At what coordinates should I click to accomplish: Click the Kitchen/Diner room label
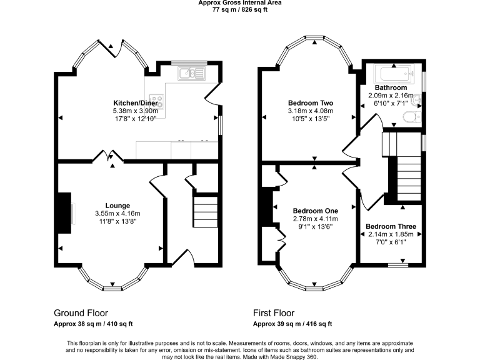[x=136, y=103]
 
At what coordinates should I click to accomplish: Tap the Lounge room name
[x=117, y=206]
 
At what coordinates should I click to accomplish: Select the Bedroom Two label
[x=311, y=103]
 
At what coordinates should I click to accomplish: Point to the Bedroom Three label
[x=391, y=226]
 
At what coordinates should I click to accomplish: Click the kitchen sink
[x=191, y=74]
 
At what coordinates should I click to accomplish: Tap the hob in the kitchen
[x=156, y=101]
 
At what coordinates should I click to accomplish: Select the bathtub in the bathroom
[x=394, y=74]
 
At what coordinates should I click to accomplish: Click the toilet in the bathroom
[x=412, y=117]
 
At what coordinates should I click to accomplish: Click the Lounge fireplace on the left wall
[x=64, y=213]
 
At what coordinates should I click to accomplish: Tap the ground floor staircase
[x=206, y=212]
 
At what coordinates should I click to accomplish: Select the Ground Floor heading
[x=81, y=313]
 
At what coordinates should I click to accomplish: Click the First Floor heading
[x=274, y=313]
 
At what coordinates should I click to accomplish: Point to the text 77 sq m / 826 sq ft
[x=240, y=9]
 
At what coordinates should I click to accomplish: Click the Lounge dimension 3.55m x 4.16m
[x=117, y=213]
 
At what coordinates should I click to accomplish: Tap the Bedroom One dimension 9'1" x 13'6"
[x=315, y=227]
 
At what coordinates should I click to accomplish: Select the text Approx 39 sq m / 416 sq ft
[x=292, y=324]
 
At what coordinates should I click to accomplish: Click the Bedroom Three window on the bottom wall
[x=398, y=265]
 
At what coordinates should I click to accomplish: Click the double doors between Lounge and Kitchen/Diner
[x=108, y=156]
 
